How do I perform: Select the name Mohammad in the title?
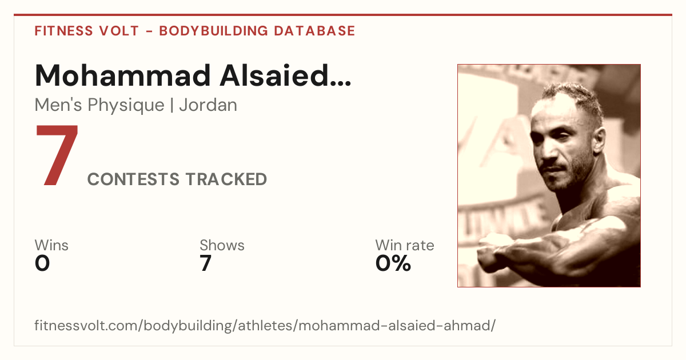tap(123, 75)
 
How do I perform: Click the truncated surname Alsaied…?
tap(285, 75)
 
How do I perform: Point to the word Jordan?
tap(208, 105)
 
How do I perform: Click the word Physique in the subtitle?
tap(126, 106)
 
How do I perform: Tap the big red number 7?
tap(57, 155)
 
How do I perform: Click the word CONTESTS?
tap(133, 179)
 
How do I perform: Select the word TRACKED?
tap(226, 179)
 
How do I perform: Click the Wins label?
tap(51, 245)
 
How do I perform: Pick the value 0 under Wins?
tap(42, 263)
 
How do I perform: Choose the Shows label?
tap(222, 245)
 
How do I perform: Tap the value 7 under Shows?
tap(205, 263)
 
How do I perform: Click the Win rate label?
tap(405, 245)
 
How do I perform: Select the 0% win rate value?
tap(393, 263)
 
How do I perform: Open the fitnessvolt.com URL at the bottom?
tap(265, 325)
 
